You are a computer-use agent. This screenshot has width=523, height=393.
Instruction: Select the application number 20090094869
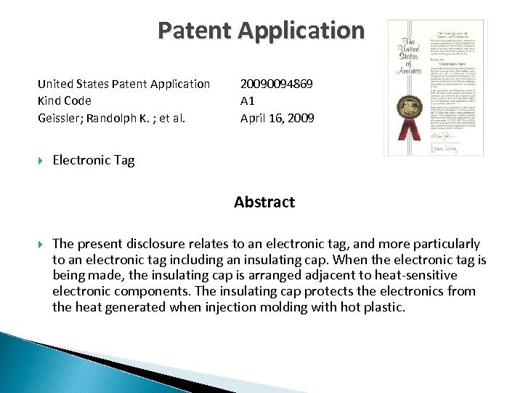[x=277, y=84]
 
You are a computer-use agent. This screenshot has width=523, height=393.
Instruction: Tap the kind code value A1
[x=248, y=100]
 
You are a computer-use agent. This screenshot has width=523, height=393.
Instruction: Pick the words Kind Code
[x=65, y=100]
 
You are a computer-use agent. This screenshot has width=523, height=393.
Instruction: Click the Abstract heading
[x=264, y=202]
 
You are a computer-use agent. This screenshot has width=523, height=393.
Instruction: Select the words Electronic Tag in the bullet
[x=94, y=160]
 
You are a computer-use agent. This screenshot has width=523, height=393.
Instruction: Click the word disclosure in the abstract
[x=163, y=244]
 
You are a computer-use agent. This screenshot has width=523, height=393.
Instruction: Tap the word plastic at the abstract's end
[x=383, y=307]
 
